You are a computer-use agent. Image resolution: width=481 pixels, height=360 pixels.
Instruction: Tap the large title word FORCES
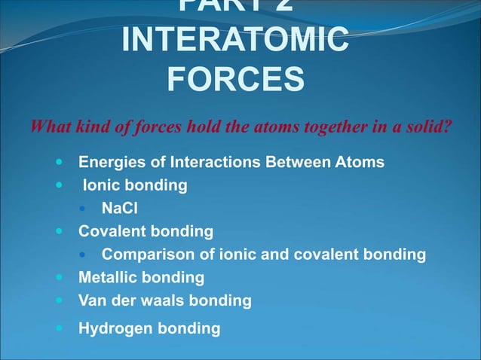[235, 80]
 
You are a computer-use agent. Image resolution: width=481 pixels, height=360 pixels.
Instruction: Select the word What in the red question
[49, 125]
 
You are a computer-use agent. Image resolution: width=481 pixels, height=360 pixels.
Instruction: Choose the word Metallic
[108, 277]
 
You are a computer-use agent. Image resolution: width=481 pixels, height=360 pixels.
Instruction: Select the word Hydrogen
[112, 328]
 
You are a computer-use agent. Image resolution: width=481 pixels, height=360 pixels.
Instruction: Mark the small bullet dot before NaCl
[87, 209]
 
